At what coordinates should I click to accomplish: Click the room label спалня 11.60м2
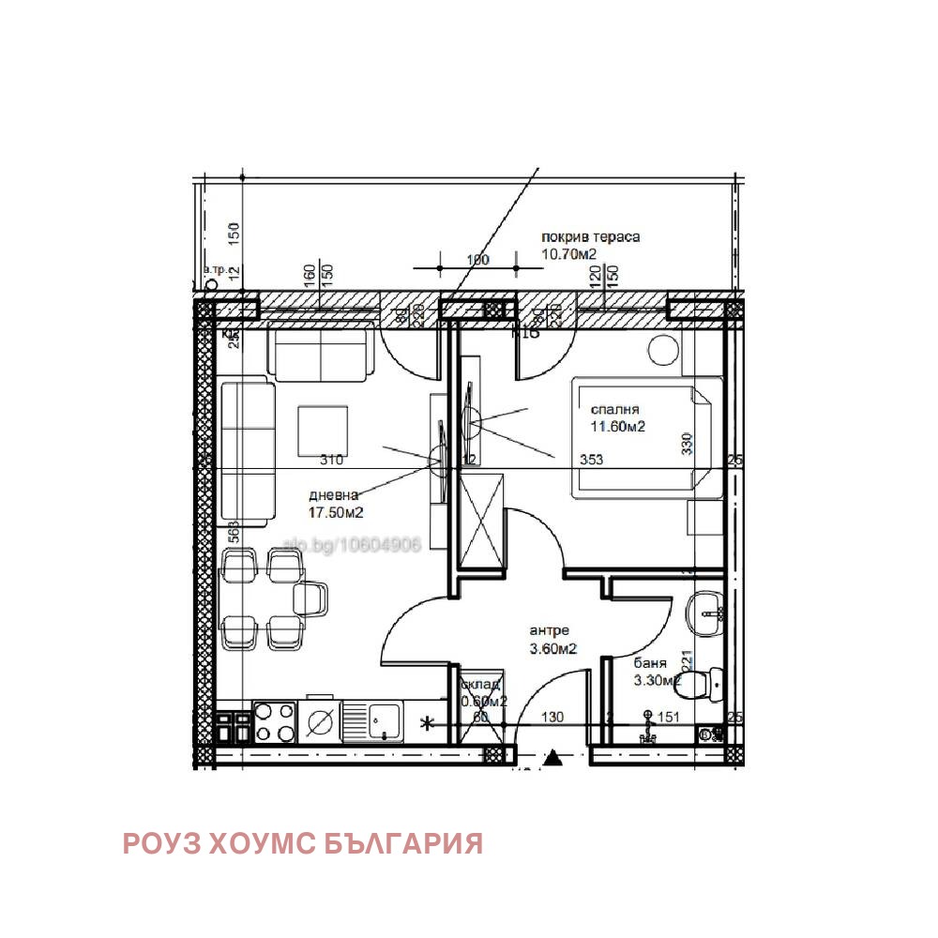pos(616,418)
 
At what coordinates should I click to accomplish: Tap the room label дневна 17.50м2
pos(336,504)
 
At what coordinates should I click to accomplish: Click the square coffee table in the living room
pos(324,431)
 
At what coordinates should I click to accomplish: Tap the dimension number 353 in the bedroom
pos(591,460)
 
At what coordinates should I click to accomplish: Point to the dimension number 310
pos(331,460)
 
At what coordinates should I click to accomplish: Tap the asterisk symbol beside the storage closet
pos(428,722)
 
